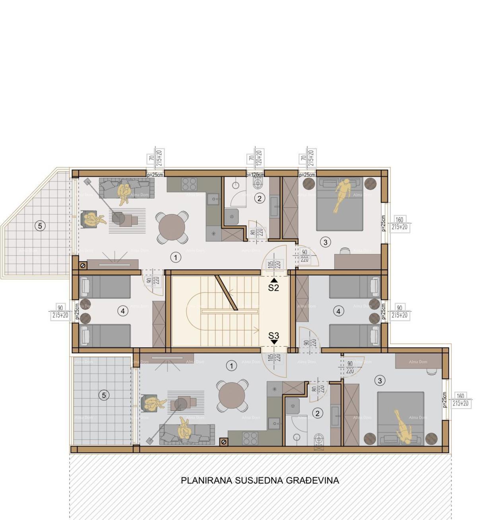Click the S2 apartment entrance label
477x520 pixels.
pyautogui.click(x=273, y=288)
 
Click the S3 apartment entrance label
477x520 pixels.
pyautogui.click(x=273, y=335)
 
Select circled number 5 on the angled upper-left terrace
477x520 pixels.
pyautogui.click(x=39, y=226)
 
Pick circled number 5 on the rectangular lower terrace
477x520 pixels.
pyautogui.click(x=104, y=395)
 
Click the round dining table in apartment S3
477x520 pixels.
pyautogui.click(x=232, y=395)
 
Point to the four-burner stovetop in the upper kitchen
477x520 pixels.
pyautogui.click(x=189, y=184)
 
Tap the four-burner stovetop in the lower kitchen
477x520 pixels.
pyautogui.click(x=250, y=438)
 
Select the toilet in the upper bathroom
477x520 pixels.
pyautogui.click(x=258, y=184)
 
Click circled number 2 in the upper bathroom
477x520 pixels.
pyautogui.click(x=259, y=198)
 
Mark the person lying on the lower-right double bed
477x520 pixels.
pyautogui.click(x=404, y=427)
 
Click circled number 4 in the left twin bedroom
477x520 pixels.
pyautogui.click(x=122, y=311)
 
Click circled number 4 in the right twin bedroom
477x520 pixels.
pyautogui.click(x=338, y=311)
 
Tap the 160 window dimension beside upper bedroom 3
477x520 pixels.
pyautogui.click(x=399, y=220)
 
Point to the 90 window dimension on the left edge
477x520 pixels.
pyautogui.click(x=60, y=308)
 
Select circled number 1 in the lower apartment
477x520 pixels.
pyautogui.click(x=231, y=366)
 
